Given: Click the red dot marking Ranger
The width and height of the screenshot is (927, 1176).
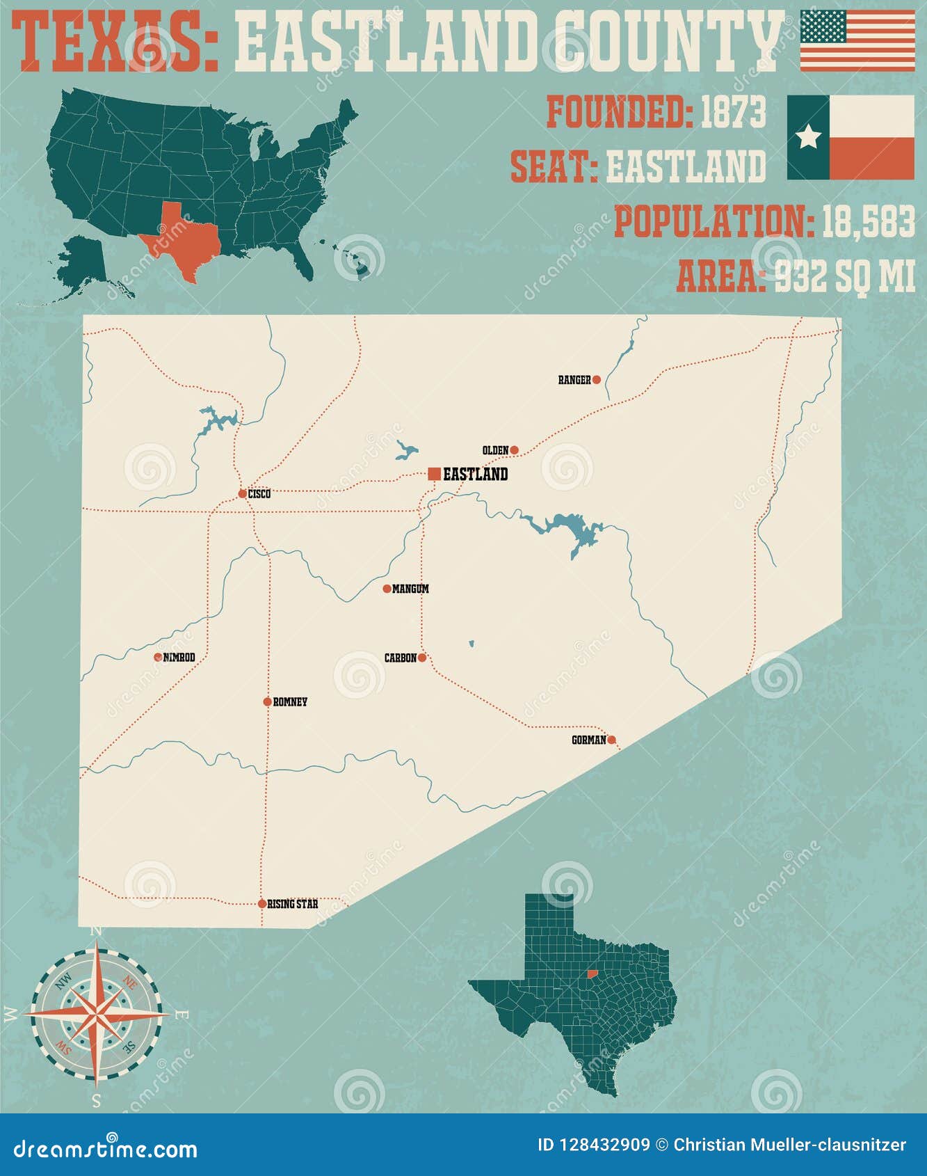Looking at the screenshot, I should (596, 379).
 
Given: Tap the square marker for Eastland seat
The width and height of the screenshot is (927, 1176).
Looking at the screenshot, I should (434, 474).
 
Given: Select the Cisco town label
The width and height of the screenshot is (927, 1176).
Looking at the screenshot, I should (259, 494).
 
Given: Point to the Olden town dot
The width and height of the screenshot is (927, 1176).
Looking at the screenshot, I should (515, 450).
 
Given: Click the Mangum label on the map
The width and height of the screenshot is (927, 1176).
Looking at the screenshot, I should (410, 589).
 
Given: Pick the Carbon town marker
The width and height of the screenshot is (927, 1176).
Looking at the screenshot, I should (422, 658).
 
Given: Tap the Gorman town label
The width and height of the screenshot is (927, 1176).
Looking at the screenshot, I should (588, 740).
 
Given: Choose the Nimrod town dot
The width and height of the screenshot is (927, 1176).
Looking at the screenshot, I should (158, 657).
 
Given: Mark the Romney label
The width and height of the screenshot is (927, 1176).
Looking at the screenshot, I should (290, 702).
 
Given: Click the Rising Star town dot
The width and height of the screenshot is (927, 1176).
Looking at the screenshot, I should (262, 904).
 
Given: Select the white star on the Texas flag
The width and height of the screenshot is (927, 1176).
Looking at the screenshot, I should (808, 137).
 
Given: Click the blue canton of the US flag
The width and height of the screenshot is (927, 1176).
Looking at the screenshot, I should (823, 26).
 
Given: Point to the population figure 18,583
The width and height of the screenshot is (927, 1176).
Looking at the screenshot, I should (868, 222).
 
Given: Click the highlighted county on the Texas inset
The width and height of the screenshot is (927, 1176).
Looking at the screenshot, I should (593, 974).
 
